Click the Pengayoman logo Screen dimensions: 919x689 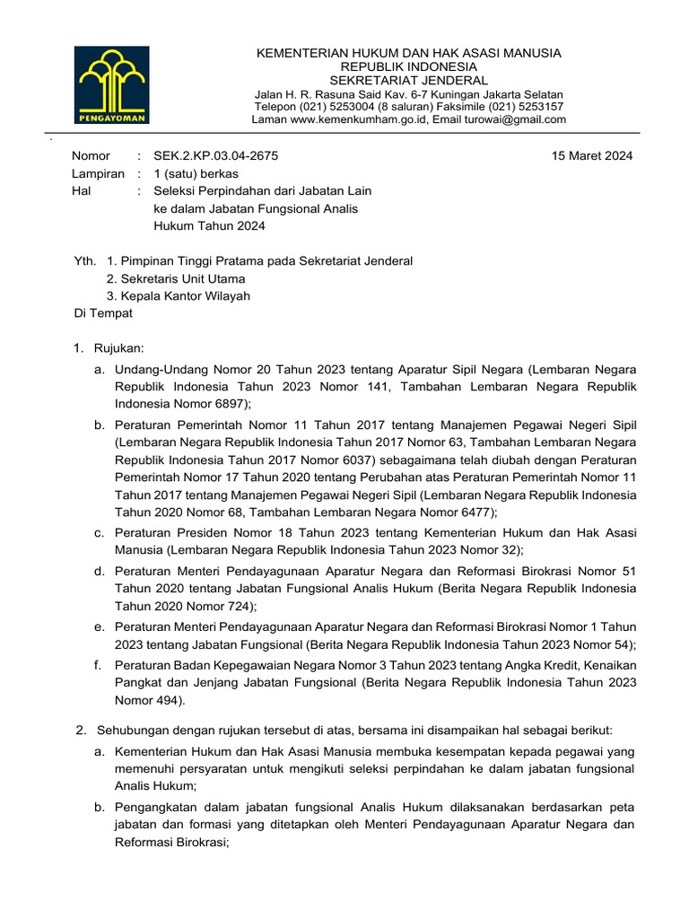coord(112,84)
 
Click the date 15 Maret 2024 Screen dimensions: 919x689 coord(592,155)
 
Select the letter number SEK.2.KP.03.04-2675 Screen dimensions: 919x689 coord(216,155)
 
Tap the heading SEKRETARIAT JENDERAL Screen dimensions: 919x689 coord(408,80)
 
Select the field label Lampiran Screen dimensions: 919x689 coord(98,173)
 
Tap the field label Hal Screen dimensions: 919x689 coord(82,191)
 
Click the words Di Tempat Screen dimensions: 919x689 coord(103,313)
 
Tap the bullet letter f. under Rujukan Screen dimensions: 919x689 coord(97,664)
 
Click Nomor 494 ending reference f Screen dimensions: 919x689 coord(149,699)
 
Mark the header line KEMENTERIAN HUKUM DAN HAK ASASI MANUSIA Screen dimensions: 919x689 coord(408,53)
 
